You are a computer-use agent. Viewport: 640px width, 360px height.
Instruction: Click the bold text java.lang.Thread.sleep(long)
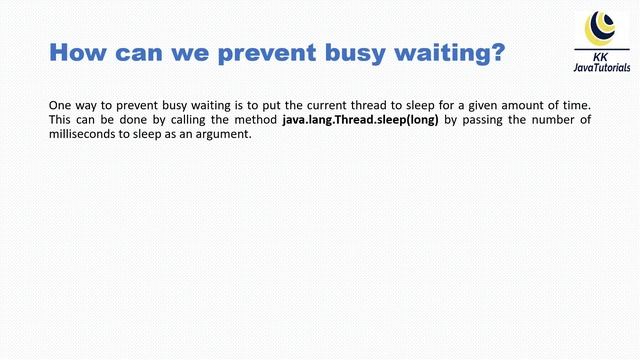point(361,120)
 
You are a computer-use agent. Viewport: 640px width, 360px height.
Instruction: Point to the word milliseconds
point(80,135)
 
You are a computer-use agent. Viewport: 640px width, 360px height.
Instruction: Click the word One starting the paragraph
point(60,105)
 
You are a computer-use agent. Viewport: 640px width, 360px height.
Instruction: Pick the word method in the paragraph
point(257,120)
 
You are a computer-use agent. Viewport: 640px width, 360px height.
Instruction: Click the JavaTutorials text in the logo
point(601,68)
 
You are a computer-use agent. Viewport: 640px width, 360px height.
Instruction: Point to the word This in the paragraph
point(61,120)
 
